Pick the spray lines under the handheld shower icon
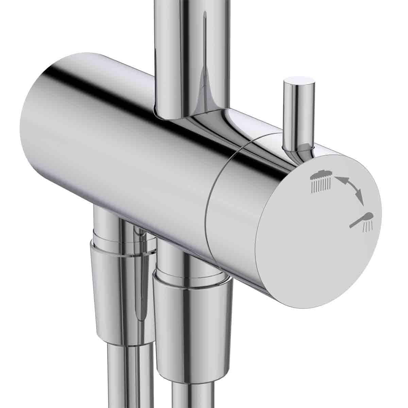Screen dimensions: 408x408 (368, 227)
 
